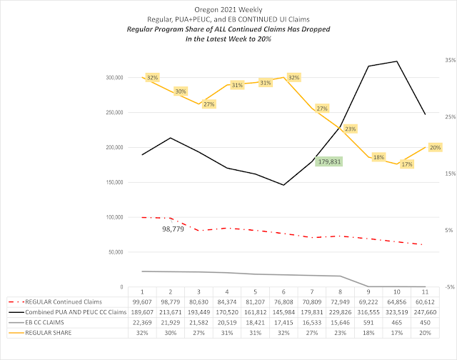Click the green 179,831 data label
pyautogui.click(x=328, y=161)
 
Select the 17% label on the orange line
pyautogui.click(x=407, y=164)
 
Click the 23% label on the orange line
pyautogui.click(x=350, y=129)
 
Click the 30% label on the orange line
pyautogui.click(x=180, y=91)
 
